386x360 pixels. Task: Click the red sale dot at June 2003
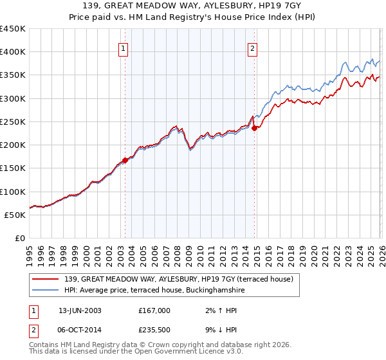[x=125, y=161]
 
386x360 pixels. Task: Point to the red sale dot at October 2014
[x=255, y=129]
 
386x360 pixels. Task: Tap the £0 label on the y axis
[x=19, y=239]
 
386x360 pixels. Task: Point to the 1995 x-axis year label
[x=30, y=255]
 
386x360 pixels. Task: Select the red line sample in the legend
[x=46, y=279]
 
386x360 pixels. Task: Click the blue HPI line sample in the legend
[x=46, y=291]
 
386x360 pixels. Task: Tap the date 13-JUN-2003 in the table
[x=80, y=310]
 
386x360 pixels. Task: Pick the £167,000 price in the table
[x=154, y=310]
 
